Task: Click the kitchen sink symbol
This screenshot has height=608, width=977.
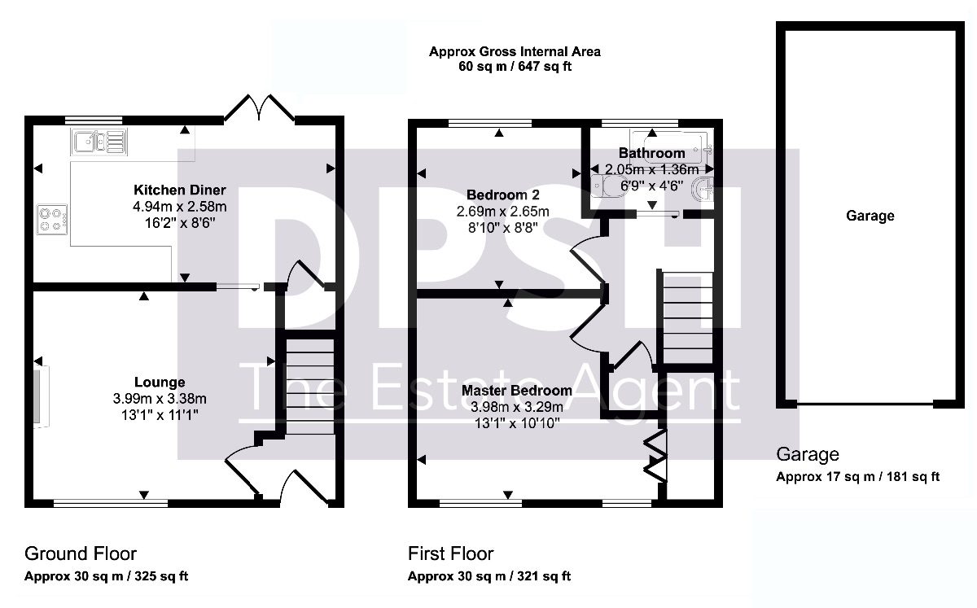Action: tap(99, 142)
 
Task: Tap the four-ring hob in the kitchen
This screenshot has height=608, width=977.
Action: tap(52, 220)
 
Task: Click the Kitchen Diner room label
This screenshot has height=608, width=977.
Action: tap(179, 190)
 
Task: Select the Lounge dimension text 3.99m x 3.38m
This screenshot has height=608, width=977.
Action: tap(160, 398)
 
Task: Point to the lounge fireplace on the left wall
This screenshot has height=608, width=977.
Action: tap(42, 396)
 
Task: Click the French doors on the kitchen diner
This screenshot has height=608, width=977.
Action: tap(260, 107)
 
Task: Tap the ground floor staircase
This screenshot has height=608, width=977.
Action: tap(309, 386)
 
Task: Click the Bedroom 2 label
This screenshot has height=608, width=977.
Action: tap(503, 195)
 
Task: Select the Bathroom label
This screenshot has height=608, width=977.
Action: tap(651, 153)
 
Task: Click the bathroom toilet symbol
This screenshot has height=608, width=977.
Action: tap(607, 186)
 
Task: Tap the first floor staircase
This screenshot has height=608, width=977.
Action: tap(687, 317)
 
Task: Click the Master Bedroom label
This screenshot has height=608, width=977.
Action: tap(517, 391)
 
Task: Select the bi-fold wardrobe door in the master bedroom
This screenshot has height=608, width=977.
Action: tap(656, 456)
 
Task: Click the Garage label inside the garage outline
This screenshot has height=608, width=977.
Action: tap(870, 216)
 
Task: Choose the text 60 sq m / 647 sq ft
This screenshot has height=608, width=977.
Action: tap(515, 67)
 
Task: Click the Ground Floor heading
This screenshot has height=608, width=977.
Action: tap(81, 554)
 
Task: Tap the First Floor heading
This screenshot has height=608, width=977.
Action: tap(450, 554)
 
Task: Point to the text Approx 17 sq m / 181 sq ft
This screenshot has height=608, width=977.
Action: tap(857, 477)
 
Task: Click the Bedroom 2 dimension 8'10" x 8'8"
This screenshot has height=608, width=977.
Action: tap(503, 228)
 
